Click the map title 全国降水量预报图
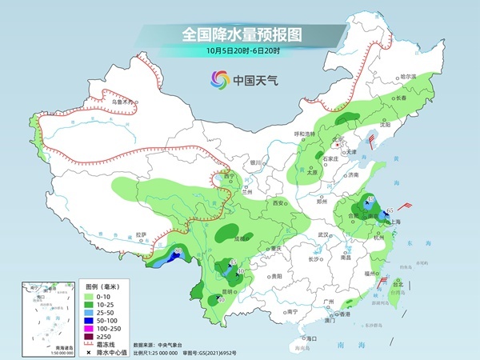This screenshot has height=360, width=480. click(240, 34)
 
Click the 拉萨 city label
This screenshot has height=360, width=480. click(142, 234)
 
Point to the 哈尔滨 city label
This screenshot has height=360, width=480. click(409, 77)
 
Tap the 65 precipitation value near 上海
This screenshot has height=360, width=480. click(389, 210)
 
